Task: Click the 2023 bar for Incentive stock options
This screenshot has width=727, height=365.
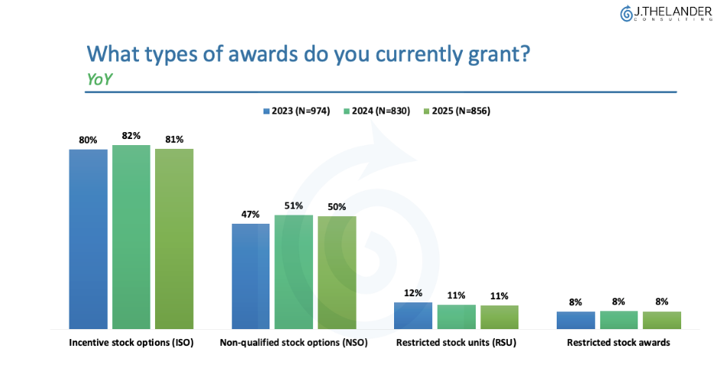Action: coord(88,238)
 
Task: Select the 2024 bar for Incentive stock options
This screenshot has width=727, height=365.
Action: coord(131,236)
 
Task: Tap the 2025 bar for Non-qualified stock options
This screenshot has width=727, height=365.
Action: coord(337,272)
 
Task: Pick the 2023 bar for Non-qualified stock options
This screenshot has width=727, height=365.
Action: coord(250,276)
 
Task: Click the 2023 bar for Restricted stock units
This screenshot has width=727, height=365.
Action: coord(413,315)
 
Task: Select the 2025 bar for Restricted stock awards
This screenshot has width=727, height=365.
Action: coord(661,320)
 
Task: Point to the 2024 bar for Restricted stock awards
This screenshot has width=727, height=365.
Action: coord(619,319)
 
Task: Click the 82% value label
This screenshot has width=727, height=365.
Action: coord(131,136)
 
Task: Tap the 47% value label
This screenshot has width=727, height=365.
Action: coord(250,215)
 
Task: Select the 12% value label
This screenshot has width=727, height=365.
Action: coord(413,293)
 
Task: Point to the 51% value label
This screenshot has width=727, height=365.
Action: coord(293,205)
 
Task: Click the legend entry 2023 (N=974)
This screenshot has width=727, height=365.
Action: coord(296,111)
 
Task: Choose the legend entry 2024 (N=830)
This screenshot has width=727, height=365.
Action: coord(376,111)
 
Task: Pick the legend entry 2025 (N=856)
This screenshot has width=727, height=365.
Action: coord(457,111)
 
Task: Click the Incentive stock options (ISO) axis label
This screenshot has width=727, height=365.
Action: coord(131,343)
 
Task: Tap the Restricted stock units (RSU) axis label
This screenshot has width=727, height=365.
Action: coord(456,343)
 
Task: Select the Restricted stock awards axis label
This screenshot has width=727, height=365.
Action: coord(619,343)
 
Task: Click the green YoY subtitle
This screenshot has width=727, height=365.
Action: coord(100,79)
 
